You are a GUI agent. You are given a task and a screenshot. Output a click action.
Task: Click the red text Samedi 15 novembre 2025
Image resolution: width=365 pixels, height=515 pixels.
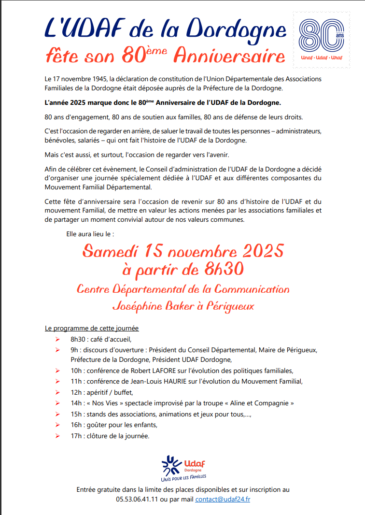(182, 251)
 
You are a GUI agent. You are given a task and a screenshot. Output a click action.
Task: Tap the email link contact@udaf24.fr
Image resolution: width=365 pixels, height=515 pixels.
(223, 499)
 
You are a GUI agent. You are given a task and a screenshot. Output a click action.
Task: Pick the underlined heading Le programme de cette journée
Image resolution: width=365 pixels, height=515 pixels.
(91, 329)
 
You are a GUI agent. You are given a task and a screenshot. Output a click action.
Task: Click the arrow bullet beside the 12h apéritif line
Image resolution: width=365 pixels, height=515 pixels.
(57, 392)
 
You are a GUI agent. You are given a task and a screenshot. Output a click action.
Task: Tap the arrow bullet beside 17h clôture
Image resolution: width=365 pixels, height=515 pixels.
(57, 436)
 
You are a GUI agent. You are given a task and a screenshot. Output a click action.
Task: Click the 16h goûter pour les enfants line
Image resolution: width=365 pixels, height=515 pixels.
(114, 425)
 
